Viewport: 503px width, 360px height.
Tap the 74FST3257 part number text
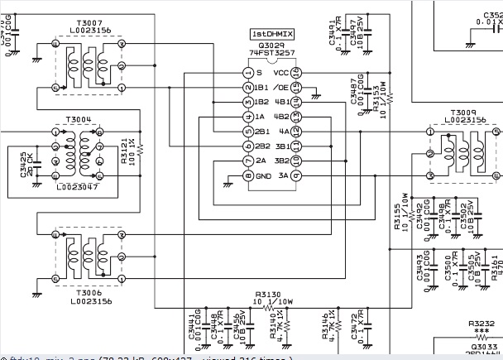pos(272,54)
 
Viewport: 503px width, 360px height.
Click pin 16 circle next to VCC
pos(296,72)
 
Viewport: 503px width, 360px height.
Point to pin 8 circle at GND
pos(247,176)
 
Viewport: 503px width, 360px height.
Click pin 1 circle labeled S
pos(247,72)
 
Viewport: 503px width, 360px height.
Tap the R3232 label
pos(481,325)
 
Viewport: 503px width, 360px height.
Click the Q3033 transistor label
pos(481,347)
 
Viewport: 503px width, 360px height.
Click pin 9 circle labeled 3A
pos(296,176)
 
